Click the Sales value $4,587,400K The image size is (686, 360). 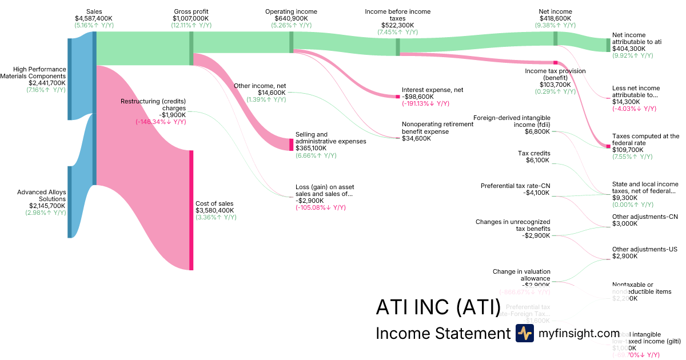94,18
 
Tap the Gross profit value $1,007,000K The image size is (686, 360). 191,18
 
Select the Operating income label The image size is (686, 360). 291,11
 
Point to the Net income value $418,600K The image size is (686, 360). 555,18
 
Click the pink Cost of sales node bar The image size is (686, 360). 192,210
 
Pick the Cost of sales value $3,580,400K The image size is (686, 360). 215,210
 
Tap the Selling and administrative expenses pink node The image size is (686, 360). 291,144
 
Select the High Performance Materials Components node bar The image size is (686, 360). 70,79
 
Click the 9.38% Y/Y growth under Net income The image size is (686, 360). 555,25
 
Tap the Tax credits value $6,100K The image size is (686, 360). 537,160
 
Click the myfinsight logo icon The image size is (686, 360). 524,333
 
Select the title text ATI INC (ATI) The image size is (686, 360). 437,307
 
